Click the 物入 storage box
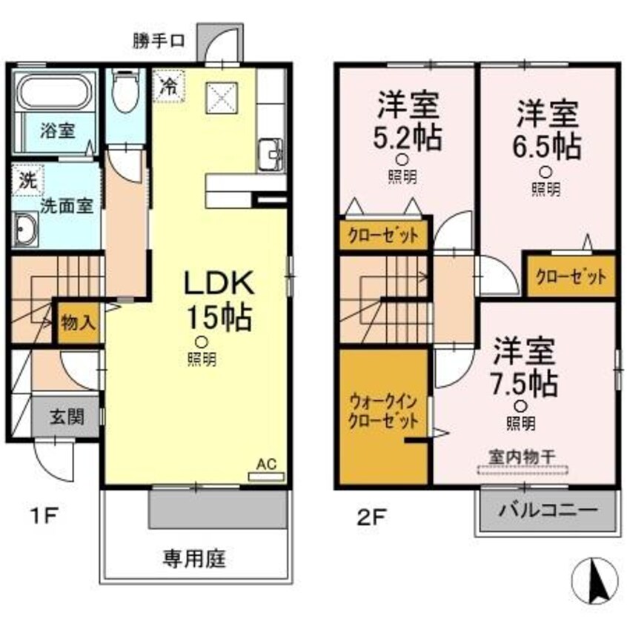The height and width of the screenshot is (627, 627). pos(78,323)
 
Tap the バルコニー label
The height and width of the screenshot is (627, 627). pos(547,511)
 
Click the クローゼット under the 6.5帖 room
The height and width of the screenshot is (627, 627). pos(571,277)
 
